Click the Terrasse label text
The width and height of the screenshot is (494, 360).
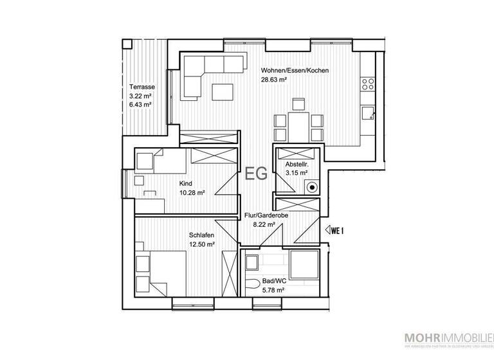(140, 87)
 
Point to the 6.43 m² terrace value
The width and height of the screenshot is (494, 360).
(140, 104)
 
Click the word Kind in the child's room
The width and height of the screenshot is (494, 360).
(185, 183)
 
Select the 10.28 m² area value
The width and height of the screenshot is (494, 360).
(192, 192)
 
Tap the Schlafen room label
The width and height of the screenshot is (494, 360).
(201, 235)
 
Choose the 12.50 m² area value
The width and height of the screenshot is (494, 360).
(201, 244)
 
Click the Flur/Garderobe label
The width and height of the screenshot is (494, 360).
(266, 215)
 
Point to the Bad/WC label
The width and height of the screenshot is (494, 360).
(273, 282)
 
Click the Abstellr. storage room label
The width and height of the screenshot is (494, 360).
(297, 163)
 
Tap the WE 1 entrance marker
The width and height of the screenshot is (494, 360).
(335, 230)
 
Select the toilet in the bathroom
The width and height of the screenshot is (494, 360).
(252, 283)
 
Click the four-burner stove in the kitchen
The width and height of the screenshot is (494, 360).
(369, 84)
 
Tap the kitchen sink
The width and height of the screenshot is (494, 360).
(369, 113)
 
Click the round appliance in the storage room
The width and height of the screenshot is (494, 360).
(312, 188)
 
